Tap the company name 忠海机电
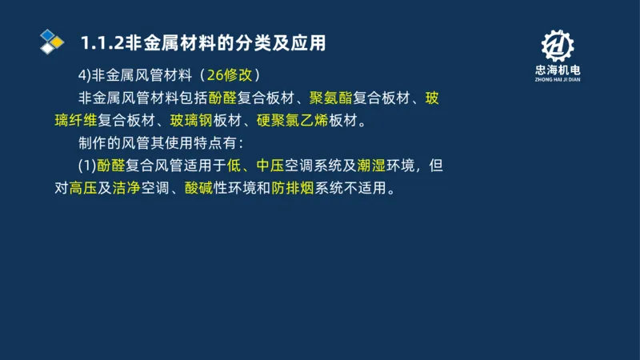point(557,70)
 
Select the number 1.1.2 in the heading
point(98,42)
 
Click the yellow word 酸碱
point(199,190)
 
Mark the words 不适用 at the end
point(366,190)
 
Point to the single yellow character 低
point(234,167)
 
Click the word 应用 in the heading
point(310,42)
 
